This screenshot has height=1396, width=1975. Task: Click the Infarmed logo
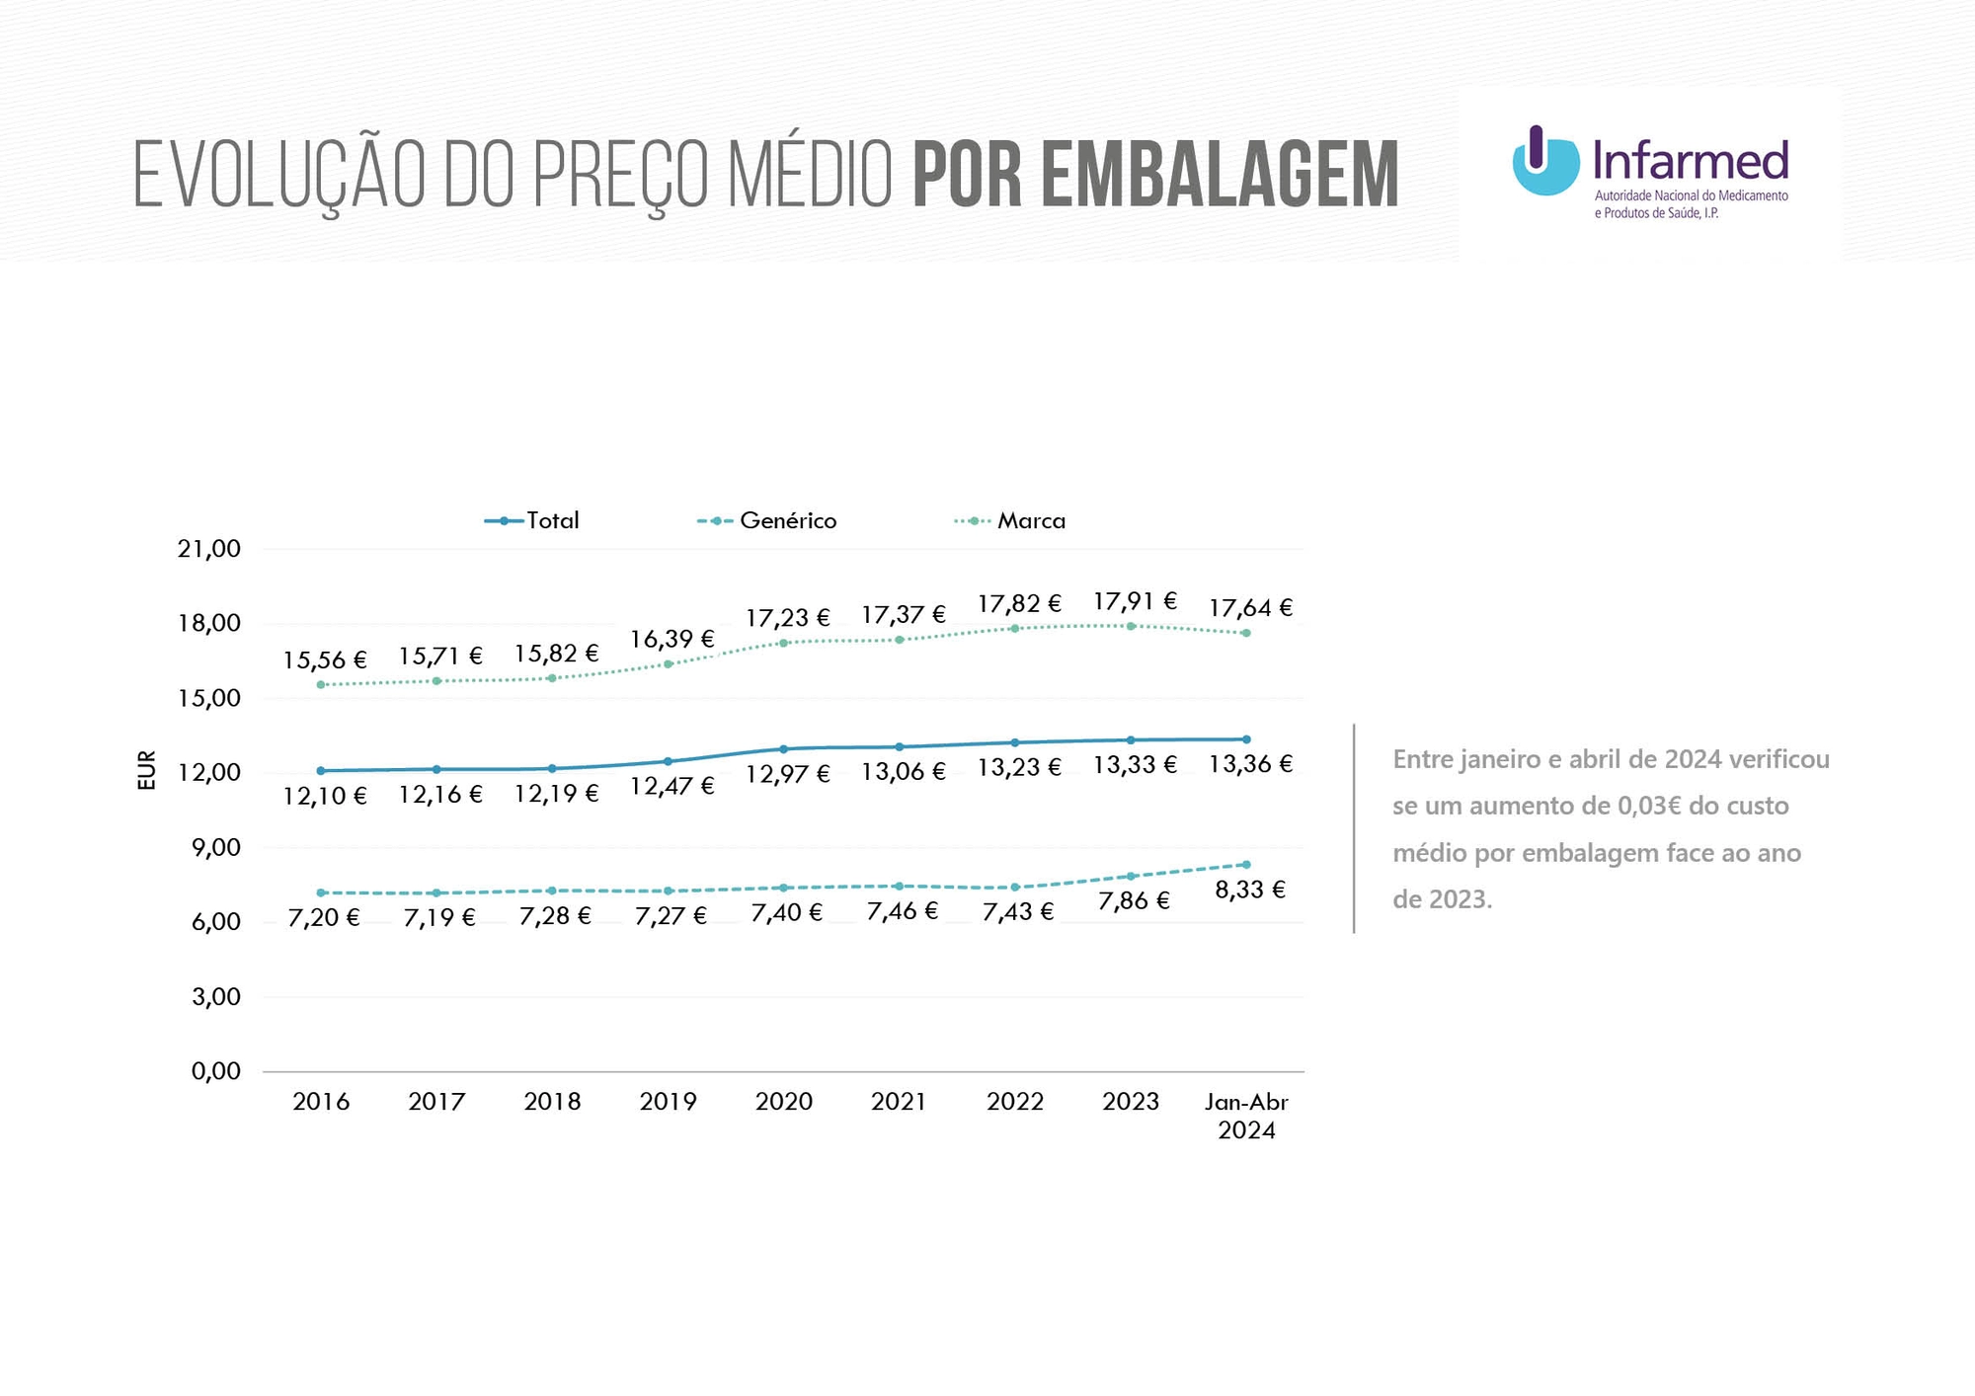tap(1649, 172)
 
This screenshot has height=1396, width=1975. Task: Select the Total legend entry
tap(533, 520)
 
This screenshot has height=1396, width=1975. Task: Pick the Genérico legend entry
tap(768, 520)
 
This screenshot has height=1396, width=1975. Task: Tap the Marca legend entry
tap(1011, 520)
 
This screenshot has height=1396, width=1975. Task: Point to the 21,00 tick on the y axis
tap(209, 549)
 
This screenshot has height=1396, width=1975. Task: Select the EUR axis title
tap(146, 770)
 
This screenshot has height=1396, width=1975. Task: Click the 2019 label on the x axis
tap(668, 1102)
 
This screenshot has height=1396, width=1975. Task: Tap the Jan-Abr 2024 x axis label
tap(1246, 1116)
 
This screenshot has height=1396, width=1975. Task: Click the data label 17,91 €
tap(1135, 601)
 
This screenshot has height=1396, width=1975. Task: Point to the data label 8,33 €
tap(1250, 891)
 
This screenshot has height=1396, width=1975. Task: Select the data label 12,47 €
tap(671, 787)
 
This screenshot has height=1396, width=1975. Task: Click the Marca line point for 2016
tap(321, 684)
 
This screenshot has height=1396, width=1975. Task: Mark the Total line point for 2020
tap(783, 749)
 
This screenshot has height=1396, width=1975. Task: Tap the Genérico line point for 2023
tap(1131, 876)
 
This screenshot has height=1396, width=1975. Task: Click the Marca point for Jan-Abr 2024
tap(1246, 633)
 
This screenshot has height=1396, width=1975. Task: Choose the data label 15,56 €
tap(325, 660)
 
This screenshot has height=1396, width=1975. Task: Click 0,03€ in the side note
tap(1648, 807)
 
